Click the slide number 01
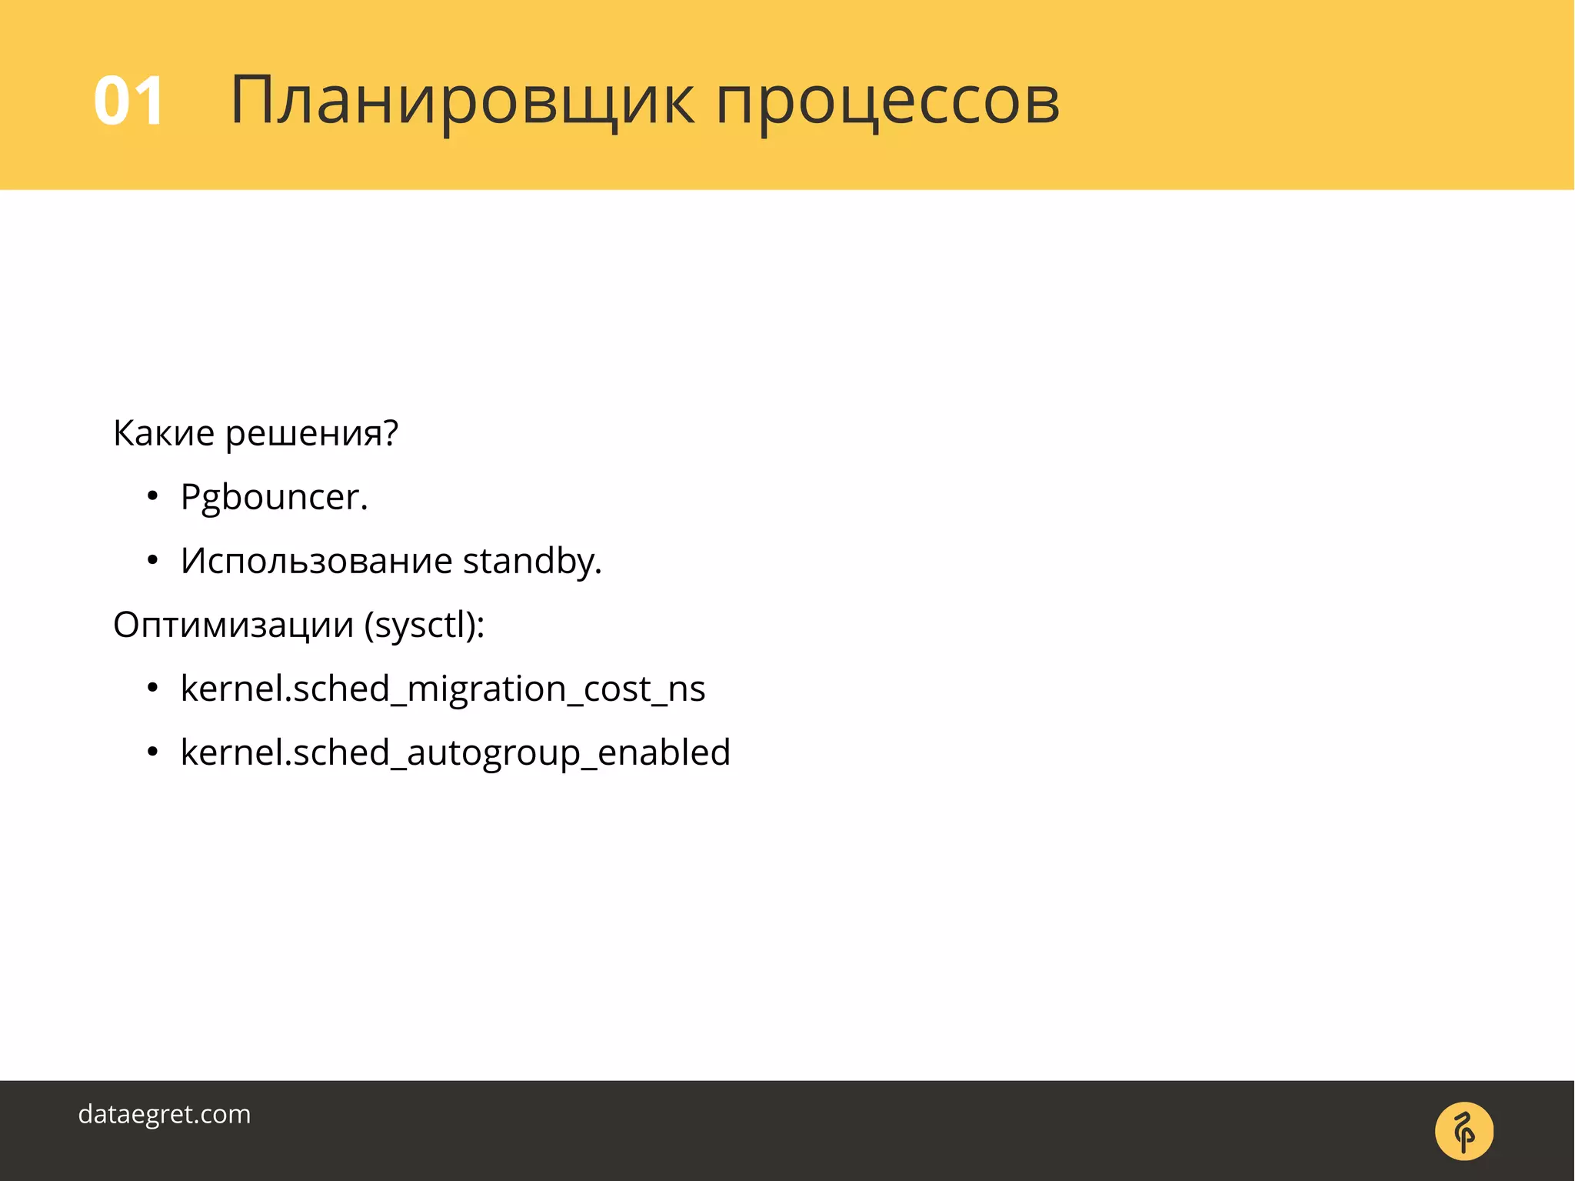tap(128, 101)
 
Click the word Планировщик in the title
tap(462, 101)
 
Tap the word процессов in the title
tap(887, 102)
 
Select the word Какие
tap(164, 433)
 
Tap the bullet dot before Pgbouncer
tap(152, 497)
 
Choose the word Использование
tap(316, 561)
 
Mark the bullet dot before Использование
tap(152, 561)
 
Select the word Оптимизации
tap(233, 625)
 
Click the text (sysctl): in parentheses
tap(425, 626)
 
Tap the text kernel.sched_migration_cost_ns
tap(443, 689)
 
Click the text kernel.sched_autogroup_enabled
tap(455, 753)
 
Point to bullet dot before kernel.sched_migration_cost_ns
tap(152, 689)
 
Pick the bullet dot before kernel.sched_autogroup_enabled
tap(152, 752)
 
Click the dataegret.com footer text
tap(165, 1114)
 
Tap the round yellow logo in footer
tap(1463, 1131)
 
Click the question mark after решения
tap(391, 433)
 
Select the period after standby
tap(598, 572)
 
